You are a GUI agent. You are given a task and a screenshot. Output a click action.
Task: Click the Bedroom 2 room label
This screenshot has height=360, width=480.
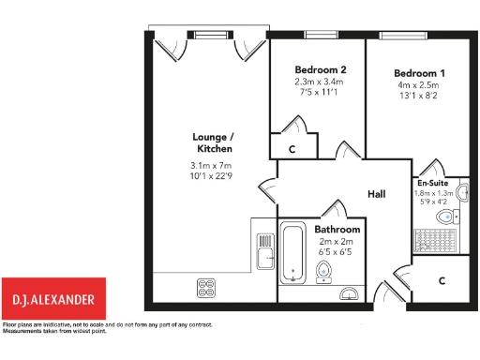point(321,70)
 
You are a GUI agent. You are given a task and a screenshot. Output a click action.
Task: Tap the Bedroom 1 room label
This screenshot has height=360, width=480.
point(419,74)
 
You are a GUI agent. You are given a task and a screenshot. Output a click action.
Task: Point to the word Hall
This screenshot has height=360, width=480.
point(377,194)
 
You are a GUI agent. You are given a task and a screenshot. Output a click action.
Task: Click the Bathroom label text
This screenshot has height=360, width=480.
point(337,229)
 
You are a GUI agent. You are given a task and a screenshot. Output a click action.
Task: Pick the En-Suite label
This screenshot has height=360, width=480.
point(432,184)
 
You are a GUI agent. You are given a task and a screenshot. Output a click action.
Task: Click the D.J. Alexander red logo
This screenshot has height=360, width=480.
point(53,299)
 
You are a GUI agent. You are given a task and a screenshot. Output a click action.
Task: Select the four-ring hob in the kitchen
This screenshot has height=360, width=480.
point(206,285)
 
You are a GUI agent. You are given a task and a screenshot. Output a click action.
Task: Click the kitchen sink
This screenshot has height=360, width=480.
point(265,254)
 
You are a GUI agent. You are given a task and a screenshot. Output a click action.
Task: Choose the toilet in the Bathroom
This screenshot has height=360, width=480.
point(324,272)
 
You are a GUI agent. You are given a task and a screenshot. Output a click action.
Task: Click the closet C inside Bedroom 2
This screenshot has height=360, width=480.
point(292,149)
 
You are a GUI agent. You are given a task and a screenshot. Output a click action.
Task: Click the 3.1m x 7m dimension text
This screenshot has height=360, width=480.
point(211,168)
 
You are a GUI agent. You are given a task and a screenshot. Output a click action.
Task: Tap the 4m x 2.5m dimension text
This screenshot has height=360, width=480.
point(419,86)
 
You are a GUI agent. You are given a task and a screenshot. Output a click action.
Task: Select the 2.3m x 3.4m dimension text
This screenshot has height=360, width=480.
point(321,82)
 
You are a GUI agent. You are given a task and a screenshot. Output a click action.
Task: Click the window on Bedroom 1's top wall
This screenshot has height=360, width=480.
point(394,35)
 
